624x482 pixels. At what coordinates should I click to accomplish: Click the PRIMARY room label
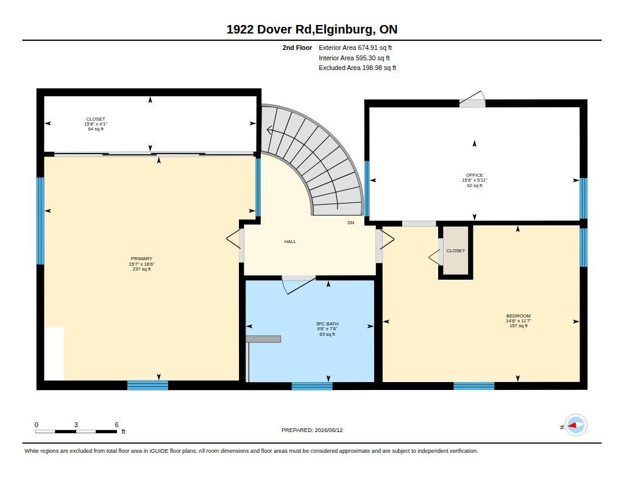click(141, 259)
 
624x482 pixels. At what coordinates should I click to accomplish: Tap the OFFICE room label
click(474, 175)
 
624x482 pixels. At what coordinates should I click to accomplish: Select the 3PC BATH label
click(327, 324)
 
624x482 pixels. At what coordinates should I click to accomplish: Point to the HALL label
click(290, 241)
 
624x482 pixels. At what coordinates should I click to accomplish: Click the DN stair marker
click(350, 223)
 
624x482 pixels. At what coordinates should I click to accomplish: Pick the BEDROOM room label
click(519, 316)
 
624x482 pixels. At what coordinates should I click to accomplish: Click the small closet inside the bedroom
click(456, 251)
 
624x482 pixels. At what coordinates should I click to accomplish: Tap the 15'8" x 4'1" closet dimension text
click(96, 124)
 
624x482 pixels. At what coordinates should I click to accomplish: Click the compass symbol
click(575, 425)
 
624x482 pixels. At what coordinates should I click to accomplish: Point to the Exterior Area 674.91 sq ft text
click(355, 48)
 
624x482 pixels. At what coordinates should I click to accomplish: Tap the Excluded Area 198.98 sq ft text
click(357, 68)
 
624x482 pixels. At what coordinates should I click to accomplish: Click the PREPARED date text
click(312, 430)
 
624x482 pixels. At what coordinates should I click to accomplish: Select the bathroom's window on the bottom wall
click(312, 386)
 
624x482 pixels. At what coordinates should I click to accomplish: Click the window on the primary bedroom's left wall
click(40, 221)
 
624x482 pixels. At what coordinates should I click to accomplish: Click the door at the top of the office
click(472, 99)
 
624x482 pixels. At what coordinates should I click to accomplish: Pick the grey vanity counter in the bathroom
click(263, 339)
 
